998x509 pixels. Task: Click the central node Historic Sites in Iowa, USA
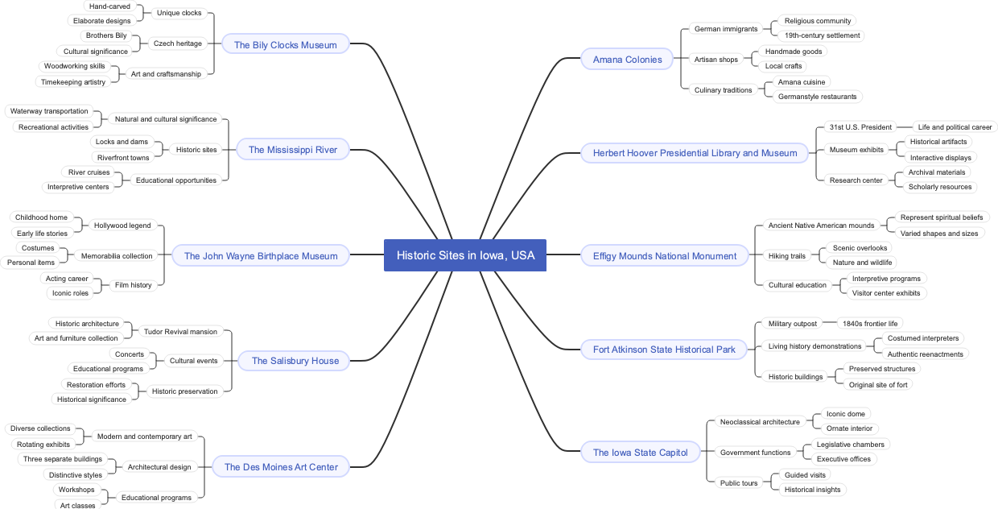465,255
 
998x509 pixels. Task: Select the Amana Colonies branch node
627,59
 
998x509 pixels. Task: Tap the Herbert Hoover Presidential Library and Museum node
695,152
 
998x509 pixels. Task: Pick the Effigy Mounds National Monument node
664,255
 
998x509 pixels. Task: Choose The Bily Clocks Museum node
285,44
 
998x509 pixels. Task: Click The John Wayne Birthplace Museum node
261,255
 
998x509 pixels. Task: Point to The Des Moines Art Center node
281,466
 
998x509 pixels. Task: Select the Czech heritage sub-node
178,43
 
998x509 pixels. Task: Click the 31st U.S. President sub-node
860,127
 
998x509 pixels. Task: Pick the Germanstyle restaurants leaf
817,97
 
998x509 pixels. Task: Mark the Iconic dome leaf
845,414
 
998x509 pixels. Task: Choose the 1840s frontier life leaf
869,324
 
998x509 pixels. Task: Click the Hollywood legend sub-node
122,226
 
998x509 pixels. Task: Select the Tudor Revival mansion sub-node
180,332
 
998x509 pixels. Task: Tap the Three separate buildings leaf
63,459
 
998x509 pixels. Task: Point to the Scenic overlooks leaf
860,248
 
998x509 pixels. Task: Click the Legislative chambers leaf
850,445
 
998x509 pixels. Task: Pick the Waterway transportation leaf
49,111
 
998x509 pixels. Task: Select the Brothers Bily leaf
106,35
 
